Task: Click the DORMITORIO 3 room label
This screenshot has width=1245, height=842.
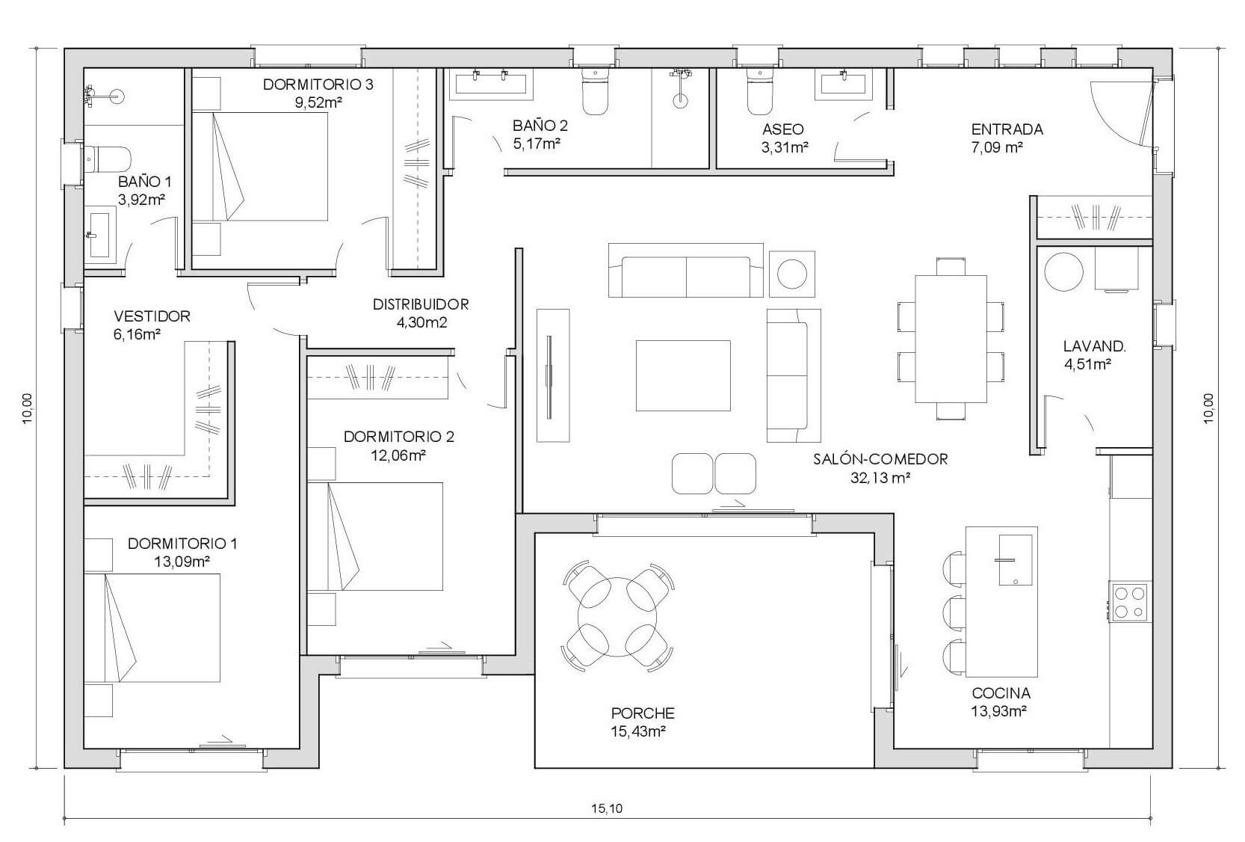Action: tap(318, 84)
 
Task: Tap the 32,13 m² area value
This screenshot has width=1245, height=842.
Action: tap(880, 478)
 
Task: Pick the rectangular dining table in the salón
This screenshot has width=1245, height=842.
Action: tap(951, 339)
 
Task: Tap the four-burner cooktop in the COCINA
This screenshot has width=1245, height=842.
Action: tap(1131, 602)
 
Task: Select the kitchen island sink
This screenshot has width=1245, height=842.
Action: tap(1016, 560)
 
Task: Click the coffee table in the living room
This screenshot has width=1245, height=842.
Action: tap(683, 375)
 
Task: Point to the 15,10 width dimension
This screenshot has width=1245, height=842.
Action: tap(607, 808)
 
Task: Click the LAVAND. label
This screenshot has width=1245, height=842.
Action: tap(1094, 346)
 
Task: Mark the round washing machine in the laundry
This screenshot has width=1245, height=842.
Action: tap(1064, 271)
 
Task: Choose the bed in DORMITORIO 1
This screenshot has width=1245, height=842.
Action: tap(152, 627)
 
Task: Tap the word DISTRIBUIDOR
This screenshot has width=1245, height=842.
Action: tap(421, 304)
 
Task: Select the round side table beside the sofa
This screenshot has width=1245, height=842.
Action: tap(792, 274)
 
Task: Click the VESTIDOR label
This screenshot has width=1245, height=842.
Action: tap(152, 316)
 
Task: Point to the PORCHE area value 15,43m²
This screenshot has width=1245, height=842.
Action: tap(638, 731)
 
